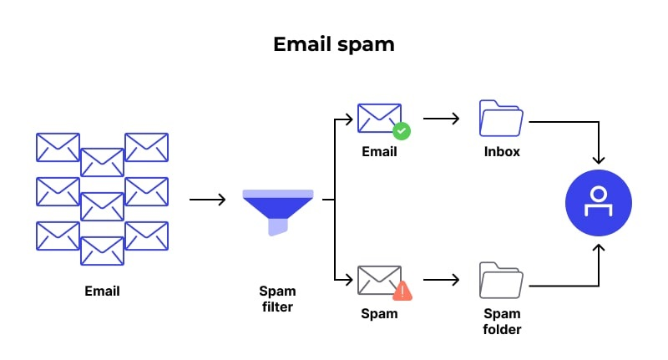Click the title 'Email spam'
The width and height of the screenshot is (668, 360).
tap(333, 44)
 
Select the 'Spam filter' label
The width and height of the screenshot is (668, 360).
tap(277, 299)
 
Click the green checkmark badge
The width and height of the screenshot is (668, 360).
tap(402, 131)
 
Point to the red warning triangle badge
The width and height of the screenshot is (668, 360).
tap(402, 291)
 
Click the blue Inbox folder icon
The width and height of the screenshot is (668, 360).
tap(501, 119)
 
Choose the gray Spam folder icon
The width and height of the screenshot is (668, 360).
tap(501, 281)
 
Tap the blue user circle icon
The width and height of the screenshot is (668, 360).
tap(598, 202)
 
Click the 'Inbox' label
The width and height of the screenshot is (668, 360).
tap(502, 152)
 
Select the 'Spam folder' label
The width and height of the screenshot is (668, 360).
tap(502, 322)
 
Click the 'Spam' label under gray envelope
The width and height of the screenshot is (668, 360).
tap(378, 314)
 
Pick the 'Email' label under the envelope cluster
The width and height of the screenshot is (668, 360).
tap(102, 292)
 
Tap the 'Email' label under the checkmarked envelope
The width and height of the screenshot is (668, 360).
tap(379, 152)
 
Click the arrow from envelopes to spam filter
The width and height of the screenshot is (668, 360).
tap(207, 200)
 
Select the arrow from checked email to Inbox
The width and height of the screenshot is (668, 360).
tap(441, 119)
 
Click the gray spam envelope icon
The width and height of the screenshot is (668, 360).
tap(379, 281)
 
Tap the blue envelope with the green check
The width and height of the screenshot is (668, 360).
tap(379, 119)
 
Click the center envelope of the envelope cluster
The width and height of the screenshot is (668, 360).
tap(102, 205)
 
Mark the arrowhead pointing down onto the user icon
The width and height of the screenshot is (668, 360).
tap(598, 159)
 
